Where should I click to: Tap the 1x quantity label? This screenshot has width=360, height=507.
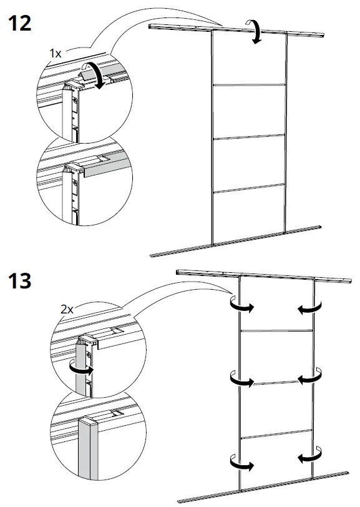(x=56, y=54)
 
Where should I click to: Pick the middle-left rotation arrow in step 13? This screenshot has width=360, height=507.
(x=240, y=379)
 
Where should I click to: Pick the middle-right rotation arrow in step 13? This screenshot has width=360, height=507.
(x=311, y=379)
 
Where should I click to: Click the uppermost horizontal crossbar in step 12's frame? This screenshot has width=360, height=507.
(x=250, y=84)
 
